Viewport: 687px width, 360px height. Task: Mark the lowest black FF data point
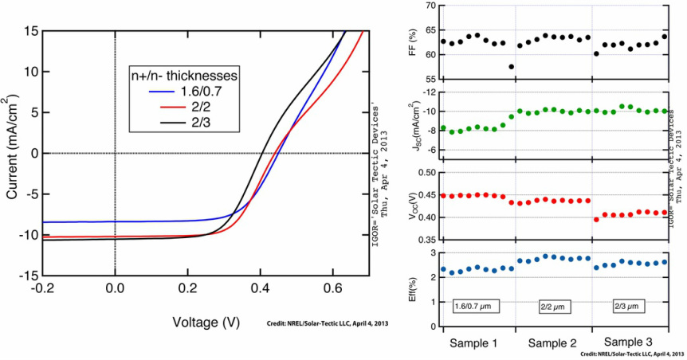click(511, 66)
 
